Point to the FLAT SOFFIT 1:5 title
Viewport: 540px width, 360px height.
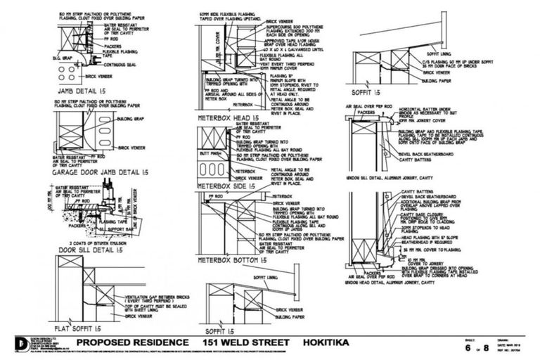[78, 328]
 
